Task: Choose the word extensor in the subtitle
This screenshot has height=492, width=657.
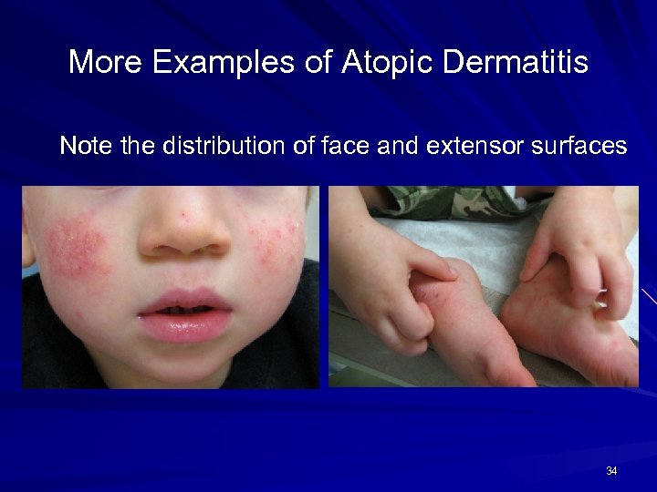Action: click(x=479, y=146)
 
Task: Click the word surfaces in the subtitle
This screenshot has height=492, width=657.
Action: click(x=582, y=146)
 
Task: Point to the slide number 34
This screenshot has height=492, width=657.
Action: click(x=610, y=471)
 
